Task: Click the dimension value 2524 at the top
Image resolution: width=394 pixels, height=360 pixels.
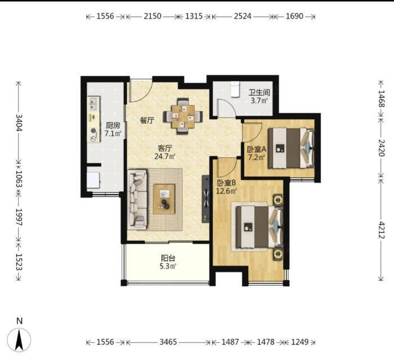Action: point(243,16)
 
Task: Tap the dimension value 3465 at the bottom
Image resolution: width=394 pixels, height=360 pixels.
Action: point(168,342)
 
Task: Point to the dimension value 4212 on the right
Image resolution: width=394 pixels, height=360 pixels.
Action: point(382,230)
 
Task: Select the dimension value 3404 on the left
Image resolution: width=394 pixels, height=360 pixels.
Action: point(19,123)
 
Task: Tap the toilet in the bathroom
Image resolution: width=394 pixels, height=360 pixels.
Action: point(235,89)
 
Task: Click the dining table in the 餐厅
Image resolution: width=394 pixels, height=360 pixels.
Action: point(183,116)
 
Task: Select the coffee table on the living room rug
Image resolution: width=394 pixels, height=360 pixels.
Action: point(164,199)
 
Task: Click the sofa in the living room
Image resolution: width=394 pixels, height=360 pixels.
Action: point(137,200)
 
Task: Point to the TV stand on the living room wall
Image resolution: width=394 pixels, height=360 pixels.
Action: point(205,199)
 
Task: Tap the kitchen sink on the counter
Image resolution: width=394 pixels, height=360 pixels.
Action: point(94,103)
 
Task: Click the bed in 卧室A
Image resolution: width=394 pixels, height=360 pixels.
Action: point(291,148)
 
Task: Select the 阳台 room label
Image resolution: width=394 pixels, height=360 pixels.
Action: point(168,258)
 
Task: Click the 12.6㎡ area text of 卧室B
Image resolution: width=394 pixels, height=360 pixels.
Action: point(226,191)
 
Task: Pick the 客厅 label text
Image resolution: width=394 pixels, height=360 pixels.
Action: point(165,148)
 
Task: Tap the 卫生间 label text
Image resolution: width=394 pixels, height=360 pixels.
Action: point(259,92)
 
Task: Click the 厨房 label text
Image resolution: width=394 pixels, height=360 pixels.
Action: point(113,125)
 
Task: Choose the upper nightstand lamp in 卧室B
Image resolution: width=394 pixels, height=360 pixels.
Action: point(278,200)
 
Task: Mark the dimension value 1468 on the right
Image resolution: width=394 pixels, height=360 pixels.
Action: point(382,98)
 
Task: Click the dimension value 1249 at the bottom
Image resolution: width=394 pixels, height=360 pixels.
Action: point(299,342)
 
